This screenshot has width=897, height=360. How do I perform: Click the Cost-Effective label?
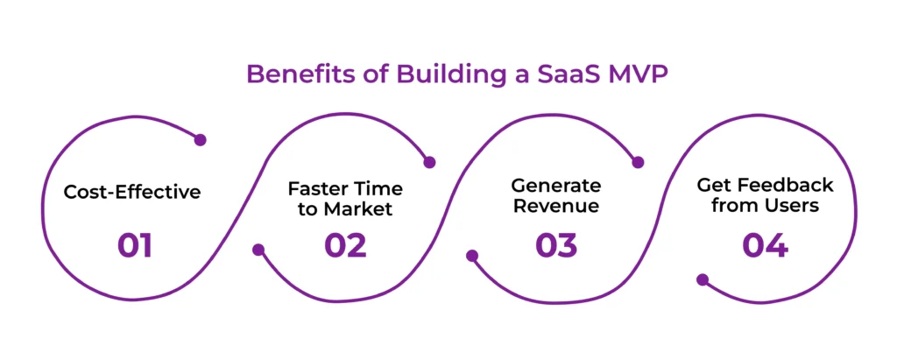132,192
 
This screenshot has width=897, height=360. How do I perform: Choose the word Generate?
556,186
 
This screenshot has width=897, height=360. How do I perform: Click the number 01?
134,246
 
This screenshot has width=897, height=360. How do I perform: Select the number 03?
556,246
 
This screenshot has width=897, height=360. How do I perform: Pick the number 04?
765,246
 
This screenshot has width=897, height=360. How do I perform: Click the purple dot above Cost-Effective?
200,139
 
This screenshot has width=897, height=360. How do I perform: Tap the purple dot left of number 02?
258,250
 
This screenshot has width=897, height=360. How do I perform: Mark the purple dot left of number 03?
472,257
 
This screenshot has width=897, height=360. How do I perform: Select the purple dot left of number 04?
702,280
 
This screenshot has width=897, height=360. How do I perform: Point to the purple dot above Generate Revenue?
638,162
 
